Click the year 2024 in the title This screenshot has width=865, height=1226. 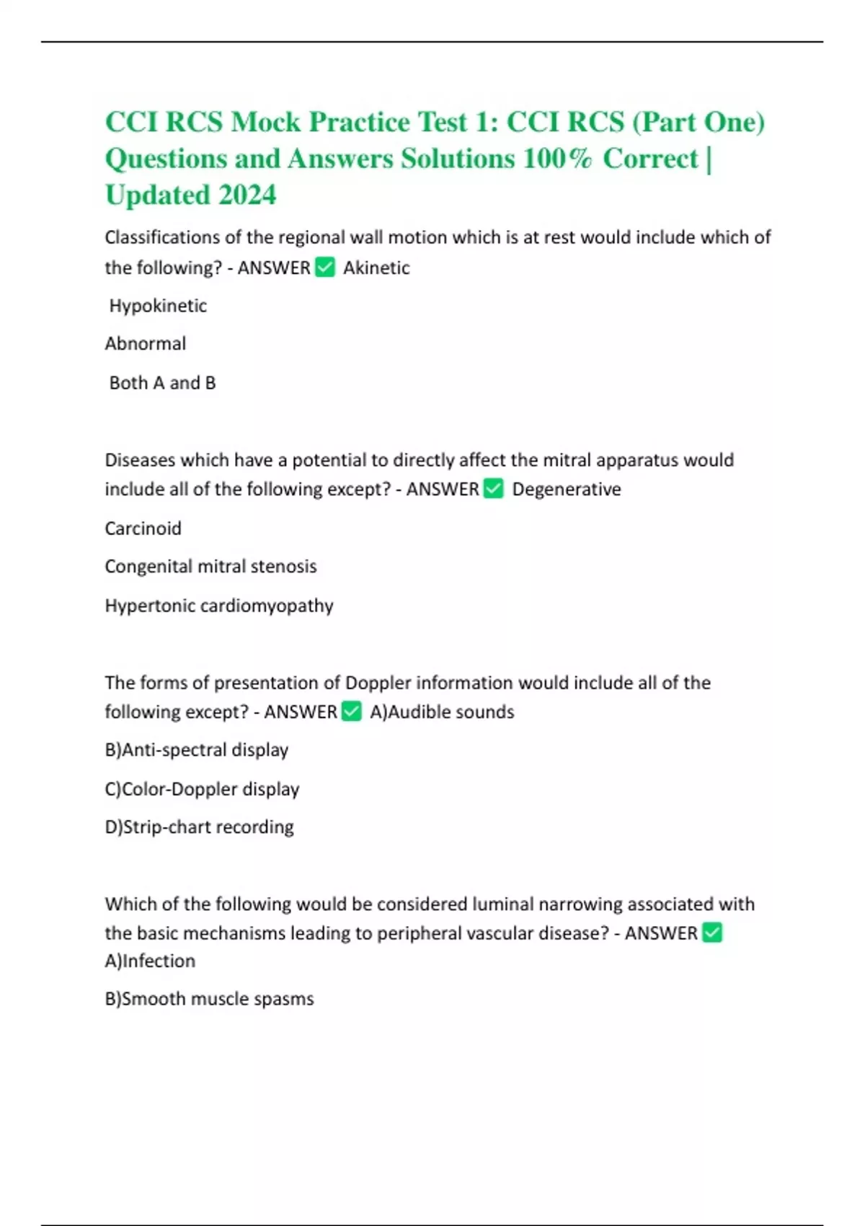(x=247, y=195)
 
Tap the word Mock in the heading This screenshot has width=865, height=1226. (x=265, y=122)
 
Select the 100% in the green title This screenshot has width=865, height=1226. (x=556, y=159)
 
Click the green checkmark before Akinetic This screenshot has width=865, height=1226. (x=325, y=268)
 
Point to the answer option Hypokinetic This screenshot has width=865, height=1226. (x=158, y=306)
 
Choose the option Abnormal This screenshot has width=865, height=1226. (x=146, y=344)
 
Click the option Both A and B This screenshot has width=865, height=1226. (x=162, y=383)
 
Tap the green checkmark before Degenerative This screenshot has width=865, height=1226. (x=494, y=489)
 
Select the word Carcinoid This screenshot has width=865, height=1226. (x=143, y=529)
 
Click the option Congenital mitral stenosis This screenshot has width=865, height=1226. (x=210, y=567)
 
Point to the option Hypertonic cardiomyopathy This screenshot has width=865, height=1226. (x=219, y=606)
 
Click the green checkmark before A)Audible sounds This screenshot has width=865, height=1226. (x=351, y=712)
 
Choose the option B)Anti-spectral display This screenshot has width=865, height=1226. (x=197, y=750)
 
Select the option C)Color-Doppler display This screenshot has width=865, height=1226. (x=202, y=789)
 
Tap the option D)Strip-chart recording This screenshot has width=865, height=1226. (x=199, y=827)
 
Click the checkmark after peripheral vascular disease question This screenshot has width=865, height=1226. (x=711, y=933)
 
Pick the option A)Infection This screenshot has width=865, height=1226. (x=150, y=961)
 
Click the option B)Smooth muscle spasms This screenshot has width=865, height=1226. (x=209, y=1000)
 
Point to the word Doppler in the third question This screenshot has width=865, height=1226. (x=378, y=683)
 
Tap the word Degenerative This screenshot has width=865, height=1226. (x=567, y=489)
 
